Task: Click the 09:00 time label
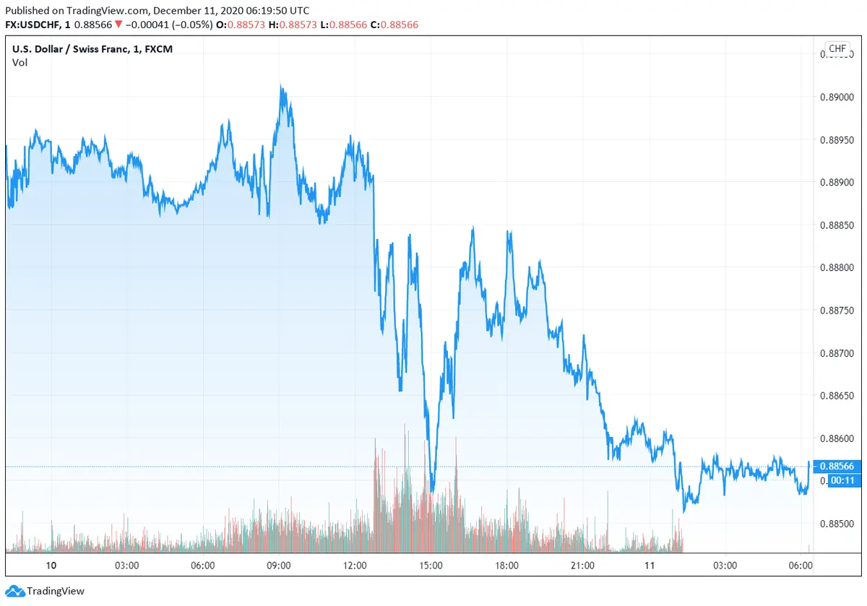pos(279,566)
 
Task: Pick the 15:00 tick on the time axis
pos(431,566)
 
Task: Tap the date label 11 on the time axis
pos(650,566)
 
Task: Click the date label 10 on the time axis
pos(50,566)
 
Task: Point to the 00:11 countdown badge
pos(838,480)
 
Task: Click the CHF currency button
pos(837,49)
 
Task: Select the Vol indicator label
pos(20,62)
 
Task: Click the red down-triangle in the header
pos(118,25)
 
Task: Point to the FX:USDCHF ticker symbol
pos(33,25)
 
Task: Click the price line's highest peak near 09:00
pos(282,86)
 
